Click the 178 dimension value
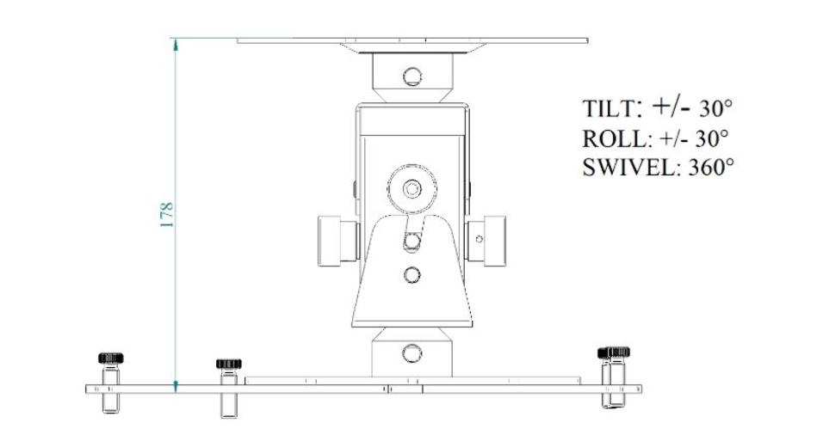167,213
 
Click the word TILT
609,109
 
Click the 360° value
711,166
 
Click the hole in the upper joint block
412,75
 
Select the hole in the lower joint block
412,352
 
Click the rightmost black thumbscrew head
613,352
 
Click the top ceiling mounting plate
412,40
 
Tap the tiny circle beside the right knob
479,239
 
